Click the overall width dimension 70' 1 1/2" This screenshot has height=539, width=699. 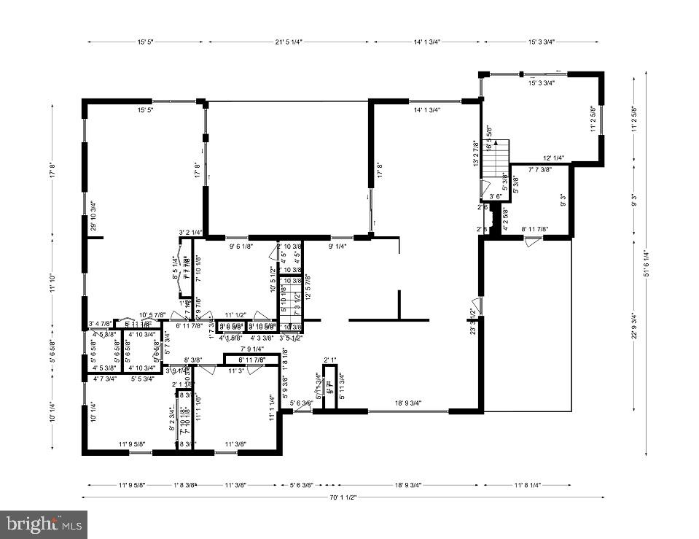point(342,498)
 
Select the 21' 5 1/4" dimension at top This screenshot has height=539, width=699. point(289,42)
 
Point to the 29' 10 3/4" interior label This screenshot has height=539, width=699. point(93,217)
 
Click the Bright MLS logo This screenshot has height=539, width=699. point(44,524)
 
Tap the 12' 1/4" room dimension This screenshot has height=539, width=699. point(555,158)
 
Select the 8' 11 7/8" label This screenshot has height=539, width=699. point(534,229)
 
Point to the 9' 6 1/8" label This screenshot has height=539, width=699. point(241,247)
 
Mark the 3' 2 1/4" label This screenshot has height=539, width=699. point(190,233)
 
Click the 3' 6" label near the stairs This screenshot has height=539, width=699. point(496,196)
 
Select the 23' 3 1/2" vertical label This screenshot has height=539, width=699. point(473,322)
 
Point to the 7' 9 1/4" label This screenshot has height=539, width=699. point(252,350)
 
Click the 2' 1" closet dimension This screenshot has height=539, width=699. point(330,360)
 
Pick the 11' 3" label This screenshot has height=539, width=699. point(236,371)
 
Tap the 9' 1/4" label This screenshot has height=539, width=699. point(337,247)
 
